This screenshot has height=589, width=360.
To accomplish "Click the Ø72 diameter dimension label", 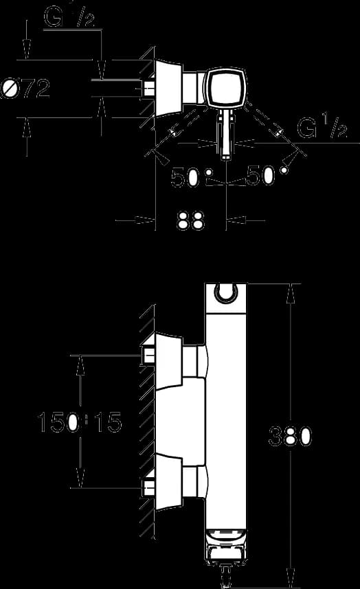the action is coord(25,89).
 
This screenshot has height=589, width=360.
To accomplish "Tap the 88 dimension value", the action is coord(190,220).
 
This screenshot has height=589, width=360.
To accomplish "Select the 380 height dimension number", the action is coord(290,436).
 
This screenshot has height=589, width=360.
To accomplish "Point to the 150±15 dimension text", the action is coord(80,421).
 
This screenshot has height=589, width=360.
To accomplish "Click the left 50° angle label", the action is coord(191,177).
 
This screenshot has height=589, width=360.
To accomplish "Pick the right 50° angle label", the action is coord(267,176).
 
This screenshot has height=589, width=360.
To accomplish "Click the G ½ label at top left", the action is coord(69,17).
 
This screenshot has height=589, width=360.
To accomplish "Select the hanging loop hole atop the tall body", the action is coord(226,292).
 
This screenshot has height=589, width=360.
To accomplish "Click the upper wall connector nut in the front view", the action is coord(148,355).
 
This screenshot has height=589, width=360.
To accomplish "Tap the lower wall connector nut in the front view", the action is coord(148,487).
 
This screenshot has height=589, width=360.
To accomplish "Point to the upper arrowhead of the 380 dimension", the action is coord(290,293).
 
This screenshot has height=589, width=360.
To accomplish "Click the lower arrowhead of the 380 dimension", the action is coord(290,578).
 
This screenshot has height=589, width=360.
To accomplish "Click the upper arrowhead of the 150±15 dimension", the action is coord(80,365).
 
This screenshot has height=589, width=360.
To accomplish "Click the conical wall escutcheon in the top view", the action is coord(168,89).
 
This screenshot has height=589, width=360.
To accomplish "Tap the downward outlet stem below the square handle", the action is coord(226,135).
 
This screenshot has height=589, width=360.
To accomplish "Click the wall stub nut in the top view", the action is coord(148,89).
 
